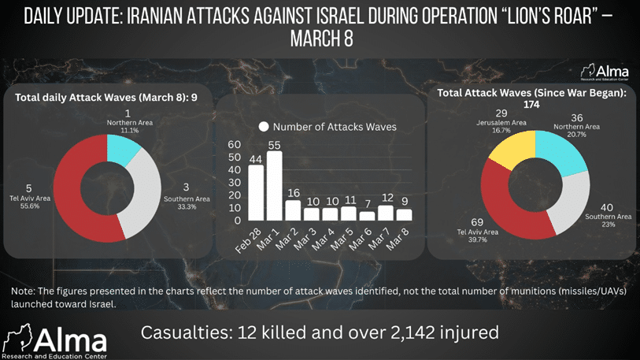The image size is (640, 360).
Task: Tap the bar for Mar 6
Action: point(368,215)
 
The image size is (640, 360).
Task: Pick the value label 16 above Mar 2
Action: point(293,193)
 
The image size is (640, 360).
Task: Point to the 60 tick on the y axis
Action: point(234,145)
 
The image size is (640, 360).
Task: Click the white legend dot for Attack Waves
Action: point(264,127)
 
